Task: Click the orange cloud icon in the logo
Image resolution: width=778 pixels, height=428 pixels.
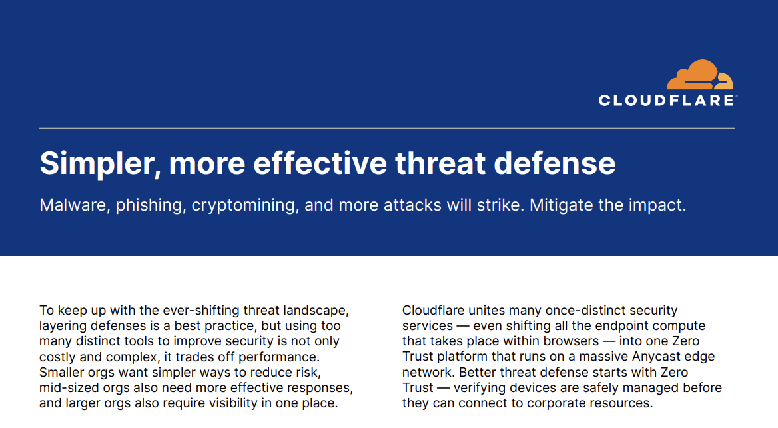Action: pyautogui.click(x=700, y=75)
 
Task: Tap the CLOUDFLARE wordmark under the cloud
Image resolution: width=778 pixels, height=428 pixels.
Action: pyautogui.click(x=667, y=100)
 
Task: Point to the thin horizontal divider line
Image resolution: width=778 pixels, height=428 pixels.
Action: pyautogui.click(x=387, y=128)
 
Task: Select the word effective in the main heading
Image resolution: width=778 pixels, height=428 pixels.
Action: pyautogui.click(x=320, y=163)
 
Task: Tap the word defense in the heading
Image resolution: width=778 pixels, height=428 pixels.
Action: pyautogui.click(x=555, y=163)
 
